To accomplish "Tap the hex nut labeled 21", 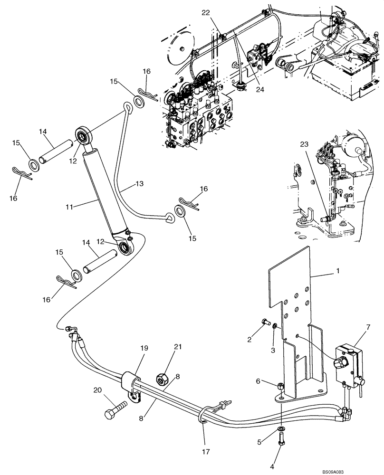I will [x=162, y=379].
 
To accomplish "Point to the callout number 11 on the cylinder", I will [x=69, y=208].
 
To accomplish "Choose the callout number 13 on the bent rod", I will [x=139, y=183].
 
